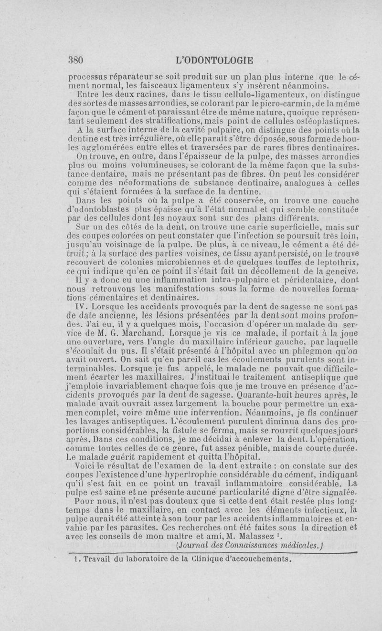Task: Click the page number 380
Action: click(x=75, y=61)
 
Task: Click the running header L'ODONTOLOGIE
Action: click(x=214, y=61)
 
